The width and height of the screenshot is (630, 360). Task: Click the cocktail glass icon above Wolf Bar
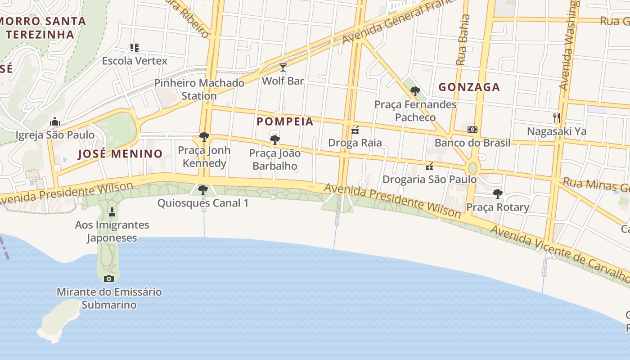pyautogui.click(x=283, y=67)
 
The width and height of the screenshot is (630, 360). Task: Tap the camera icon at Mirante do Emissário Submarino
pyautogui.click(x=108, y=279)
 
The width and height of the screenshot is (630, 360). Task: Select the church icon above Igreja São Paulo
pyautogui.click(x=55, y=121)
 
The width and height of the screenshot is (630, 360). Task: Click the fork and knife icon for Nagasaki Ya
pyautogui.click(x=557, y=118)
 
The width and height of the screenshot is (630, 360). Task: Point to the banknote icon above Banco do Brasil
pyautogui.click(x=472, y=130)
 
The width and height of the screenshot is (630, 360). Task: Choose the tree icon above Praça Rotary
pyautogui.click(x=497, y=194)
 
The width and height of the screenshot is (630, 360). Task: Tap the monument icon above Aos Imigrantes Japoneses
pyautogui.click(x=112, y=211)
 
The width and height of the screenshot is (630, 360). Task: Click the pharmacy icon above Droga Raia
pyautogui.click(x=355, y=130)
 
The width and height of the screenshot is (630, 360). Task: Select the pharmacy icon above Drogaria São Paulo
pyautogui.click(x=429, y=166)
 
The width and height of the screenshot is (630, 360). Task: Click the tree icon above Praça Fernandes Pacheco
pyautogui.click(x=415, y=91)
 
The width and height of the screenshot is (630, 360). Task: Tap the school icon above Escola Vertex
pyautogui.click(x=134, y=47)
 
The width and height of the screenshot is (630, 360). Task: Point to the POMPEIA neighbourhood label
pyautogui.click(x=285, y=121)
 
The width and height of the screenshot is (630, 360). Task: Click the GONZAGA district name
pyautogui.click(x=469, y=87)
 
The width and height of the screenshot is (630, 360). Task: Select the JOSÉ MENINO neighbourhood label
pyautogui.click(x=120, y=154)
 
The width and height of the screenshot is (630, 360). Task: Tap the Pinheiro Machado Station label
pyautogui.click(x=199, y=89)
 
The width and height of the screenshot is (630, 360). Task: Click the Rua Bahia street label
pyautogui.click(x=463, y=40)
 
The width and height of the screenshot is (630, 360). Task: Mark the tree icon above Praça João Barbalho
pyautogui.click(x=274, y=140)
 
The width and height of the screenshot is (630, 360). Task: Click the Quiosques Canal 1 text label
pyautogui.click(x=202, y=203)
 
